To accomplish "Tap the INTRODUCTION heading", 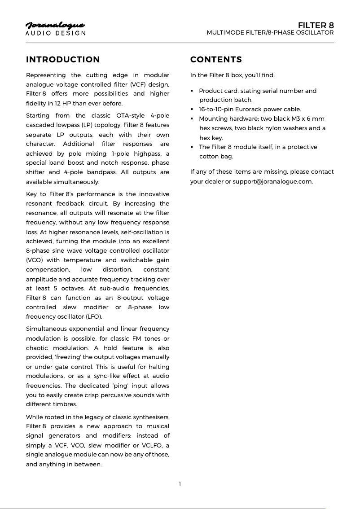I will point(63,60).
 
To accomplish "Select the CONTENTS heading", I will point(216,60).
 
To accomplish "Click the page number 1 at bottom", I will point(180,484).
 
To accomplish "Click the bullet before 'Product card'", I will point(192,91).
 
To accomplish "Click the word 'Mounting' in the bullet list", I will point(213,119).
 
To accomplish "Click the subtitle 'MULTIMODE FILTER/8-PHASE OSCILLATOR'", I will point(270,33).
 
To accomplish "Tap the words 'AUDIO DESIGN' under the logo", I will point(55,34).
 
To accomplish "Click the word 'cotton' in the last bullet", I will point(209,157).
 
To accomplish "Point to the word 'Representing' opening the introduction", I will point(45,75).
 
